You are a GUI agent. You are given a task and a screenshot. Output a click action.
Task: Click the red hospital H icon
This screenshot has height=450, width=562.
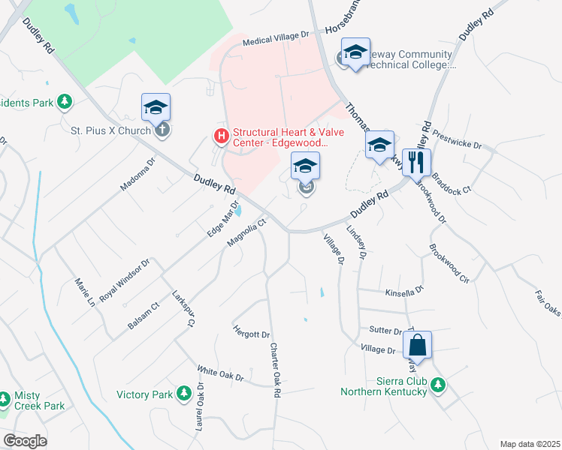coord(221,136)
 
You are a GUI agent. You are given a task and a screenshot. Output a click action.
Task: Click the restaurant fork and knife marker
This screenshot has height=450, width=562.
coord(415,161)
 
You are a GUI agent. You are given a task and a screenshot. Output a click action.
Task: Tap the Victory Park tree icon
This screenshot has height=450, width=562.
coord(184,394)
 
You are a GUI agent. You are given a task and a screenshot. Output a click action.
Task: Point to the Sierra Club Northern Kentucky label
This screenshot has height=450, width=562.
coord(383,385)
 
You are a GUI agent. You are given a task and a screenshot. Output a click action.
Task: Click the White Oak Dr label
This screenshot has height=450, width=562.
coord(220,373)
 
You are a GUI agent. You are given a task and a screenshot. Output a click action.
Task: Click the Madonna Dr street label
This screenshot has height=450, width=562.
coord(137,173)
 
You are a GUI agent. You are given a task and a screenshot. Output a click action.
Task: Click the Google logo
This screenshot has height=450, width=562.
coord(26,441)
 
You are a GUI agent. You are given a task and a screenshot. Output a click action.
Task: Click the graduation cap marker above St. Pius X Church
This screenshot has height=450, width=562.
coord(156,106)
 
